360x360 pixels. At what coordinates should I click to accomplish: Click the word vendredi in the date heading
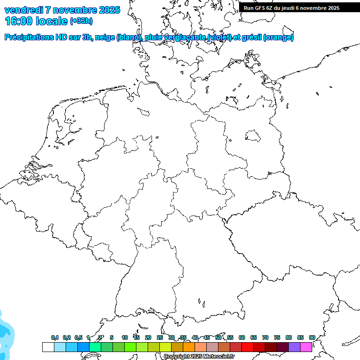pyautogui.click(x=24, y=10)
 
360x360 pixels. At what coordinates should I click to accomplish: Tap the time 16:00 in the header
pyautogui.click(x=18, y=21)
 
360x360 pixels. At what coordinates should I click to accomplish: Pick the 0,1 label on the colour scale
pyautogui.click(x=55, y=337)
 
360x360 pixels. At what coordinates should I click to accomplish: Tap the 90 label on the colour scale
pyautogui.click(x=312, y=337)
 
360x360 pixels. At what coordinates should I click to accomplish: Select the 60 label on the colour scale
pyautogui.click(x=242, y=337)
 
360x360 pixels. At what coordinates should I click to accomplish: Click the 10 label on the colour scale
pyautogui.click(x=125, y=337)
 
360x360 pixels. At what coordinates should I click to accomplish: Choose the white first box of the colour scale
pyautogui.click(x=48, y=347)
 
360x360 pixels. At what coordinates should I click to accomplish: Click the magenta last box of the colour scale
pyautogui.click(x=306, y=347)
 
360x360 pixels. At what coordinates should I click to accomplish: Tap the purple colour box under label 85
pyautogui.click(x=294, y=347)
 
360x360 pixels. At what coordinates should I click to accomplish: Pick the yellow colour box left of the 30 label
pyautogui.click(x=165, y=347)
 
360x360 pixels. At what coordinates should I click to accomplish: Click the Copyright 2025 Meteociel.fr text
pyautogui.click(x=199, y=357)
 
